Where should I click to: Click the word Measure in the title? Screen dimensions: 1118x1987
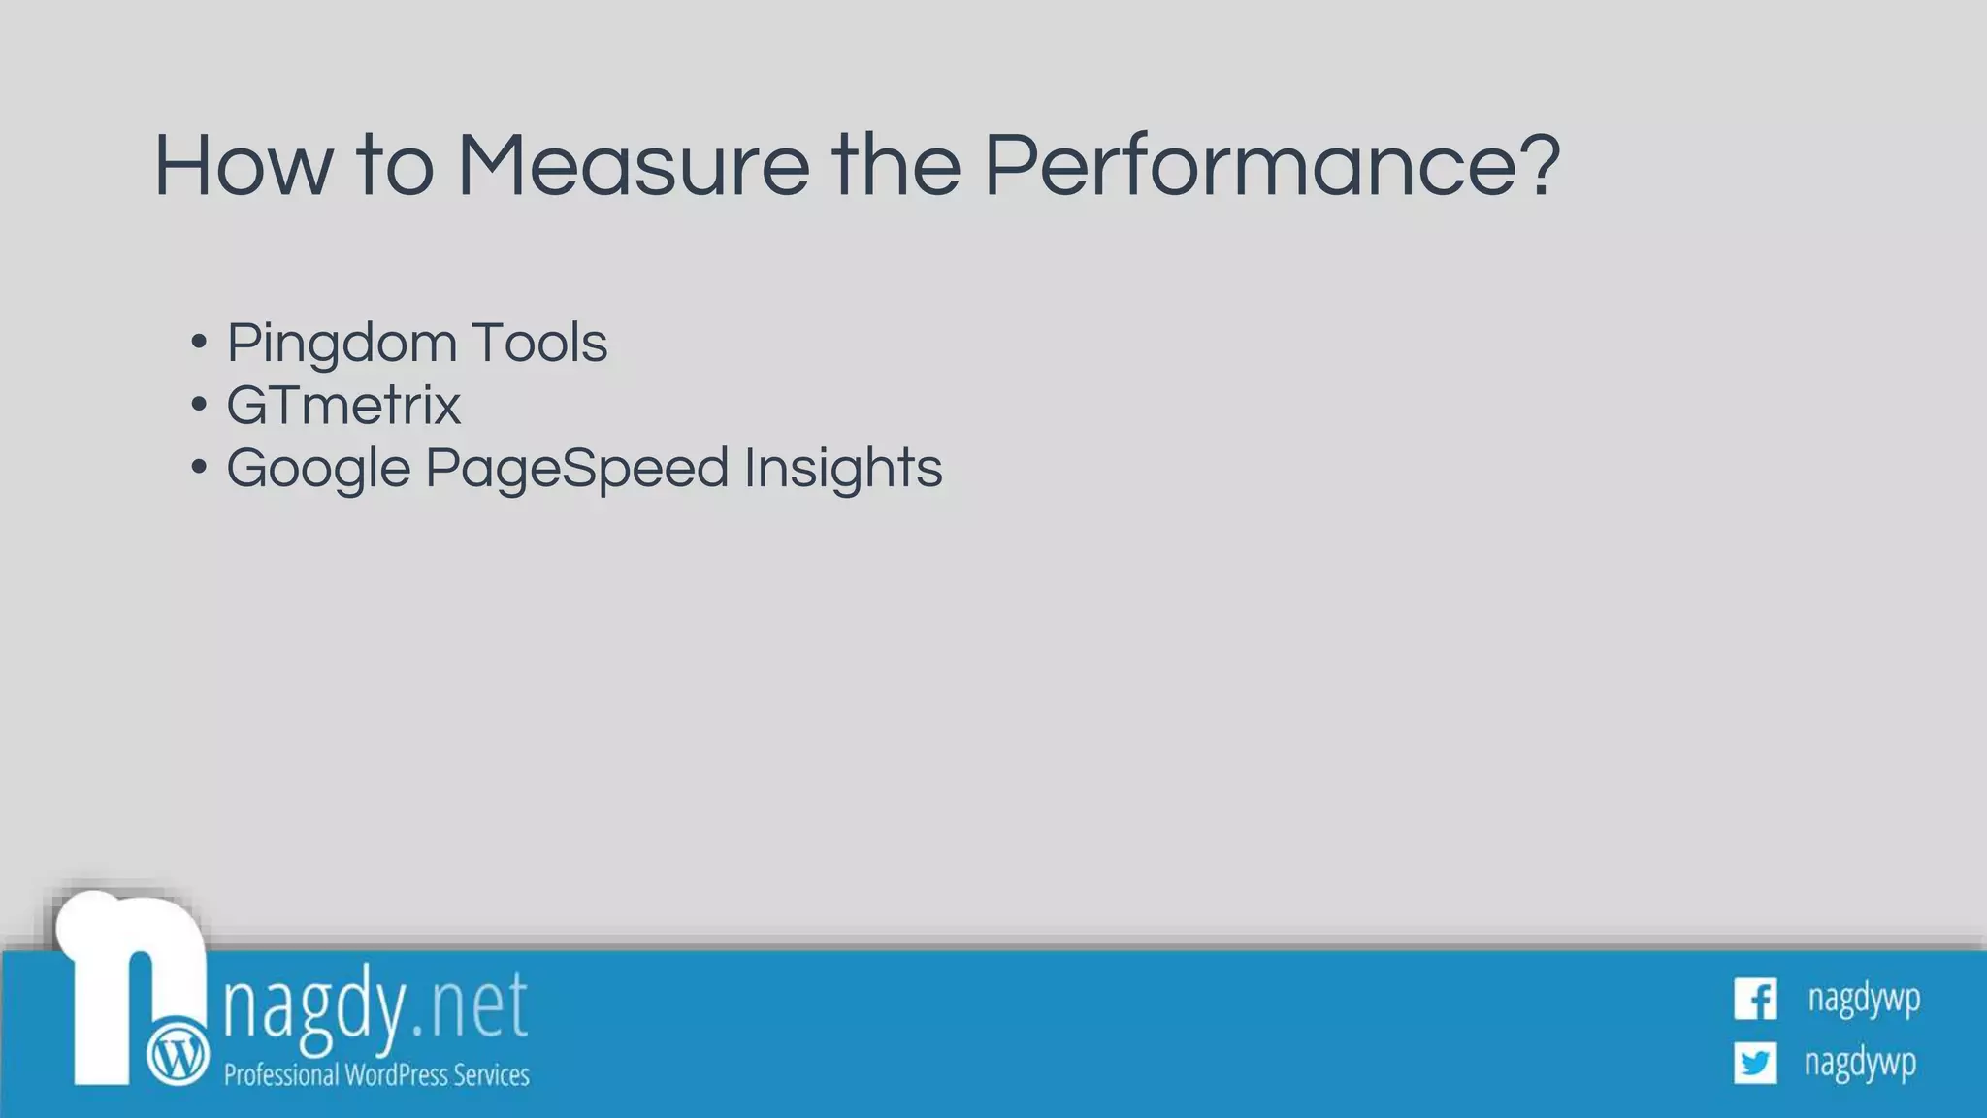click(633, 166)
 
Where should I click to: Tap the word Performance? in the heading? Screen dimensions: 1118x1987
click(1272, 166)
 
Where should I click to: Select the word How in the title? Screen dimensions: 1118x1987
click(243, 166)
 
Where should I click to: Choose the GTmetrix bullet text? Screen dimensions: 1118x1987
click(343, 406)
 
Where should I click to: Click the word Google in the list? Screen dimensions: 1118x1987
click(318, 470)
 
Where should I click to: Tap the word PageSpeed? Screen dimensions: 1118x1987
click(576, 470)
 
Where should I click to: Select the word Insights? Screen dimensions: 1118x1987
click(843, 470)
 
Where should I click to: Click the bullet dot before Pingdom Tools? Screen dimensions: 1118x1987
click(199, 342)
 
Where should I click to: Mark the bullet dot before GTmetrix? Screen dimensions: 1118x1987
click(199, 405)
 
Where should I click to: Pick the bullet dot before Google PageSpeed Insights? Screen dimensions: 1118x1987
click(199, 467)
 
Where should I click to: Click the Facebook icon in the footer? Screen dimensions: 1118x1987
click(1755, 999)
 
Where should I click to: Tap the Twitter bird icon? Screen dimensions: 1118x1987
click(1755, 1063)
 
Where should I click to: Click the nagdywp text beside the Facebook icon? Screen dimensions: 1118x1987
click(1864, 999)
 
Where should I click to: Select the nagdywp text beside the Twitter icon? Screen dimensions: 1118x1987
click(1860, 1063)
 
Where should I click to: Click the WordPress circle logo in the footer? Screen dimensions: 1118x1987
click(178, 1053)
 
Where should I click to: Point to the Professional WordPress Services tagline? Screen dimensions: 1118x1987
click(376, 1075)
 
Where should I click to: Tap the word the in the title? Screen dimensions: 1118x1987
click(896, 166)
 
